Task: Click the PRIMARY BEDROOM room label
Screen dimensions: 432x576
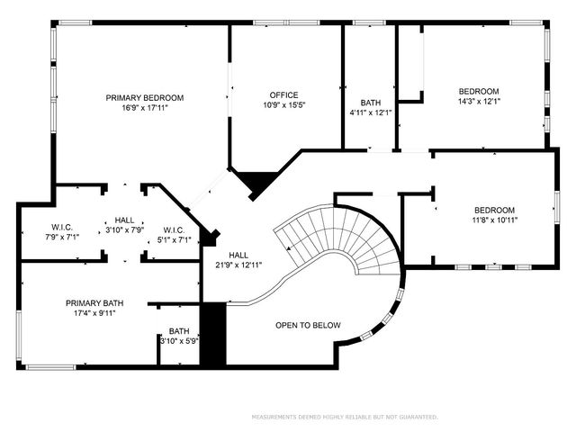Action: click(x=145, y=98)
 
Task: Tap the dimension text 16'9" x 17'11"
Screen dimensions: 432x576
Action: click(x=145, y=108)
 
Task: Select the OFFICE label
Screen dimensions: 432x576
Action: click(x=283, y=95)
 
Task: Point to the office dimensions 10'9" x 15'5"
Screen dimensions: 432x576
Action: click(x=283, y=105)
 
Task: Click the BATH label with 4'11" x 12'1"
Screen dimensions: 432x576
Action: click(x=370, y=103)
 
